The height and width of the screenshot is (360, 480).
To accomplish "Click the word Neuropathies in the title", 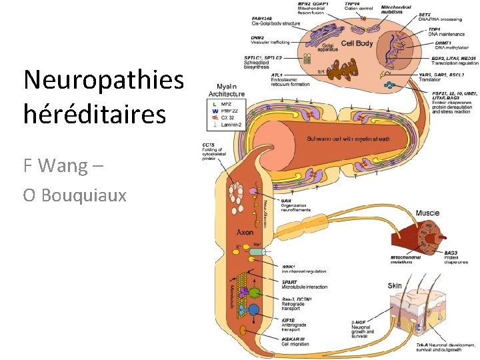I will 103,80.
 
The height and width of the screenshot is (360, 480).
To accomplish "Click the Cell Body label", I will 357,44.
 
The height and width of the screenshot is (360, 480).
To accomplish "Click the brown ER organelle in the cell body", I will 322,71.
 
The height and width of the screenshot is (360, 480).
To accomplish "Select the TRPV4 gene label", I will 353,4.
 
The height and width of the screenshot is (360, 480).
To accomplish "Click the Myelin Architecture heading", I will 230,90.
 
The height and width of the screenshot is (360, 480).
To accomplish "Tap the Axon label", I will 245,233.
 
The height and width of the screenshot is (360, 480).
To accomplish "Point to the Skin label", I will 395,285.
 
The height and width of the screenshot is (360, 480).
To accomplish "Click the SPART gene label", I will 291,282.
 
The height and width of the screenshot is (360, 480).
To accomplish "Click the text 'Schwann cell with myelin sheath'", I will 348,139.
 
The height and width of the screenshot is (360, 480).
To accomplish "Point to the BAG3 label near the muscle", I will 451,253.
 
